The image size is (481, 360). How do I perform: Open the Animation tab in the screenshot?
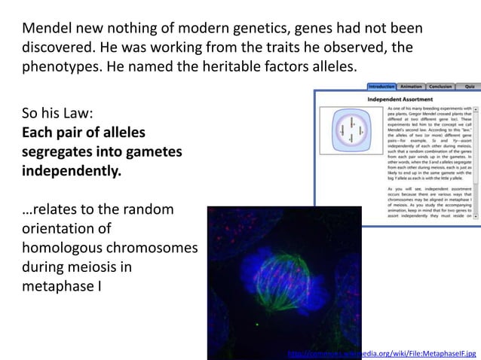[412, 87]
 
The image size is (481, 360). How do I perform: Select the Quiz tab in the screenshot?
[470, 87]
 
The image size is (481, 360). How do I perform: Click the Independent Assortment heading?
[400, 99]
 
